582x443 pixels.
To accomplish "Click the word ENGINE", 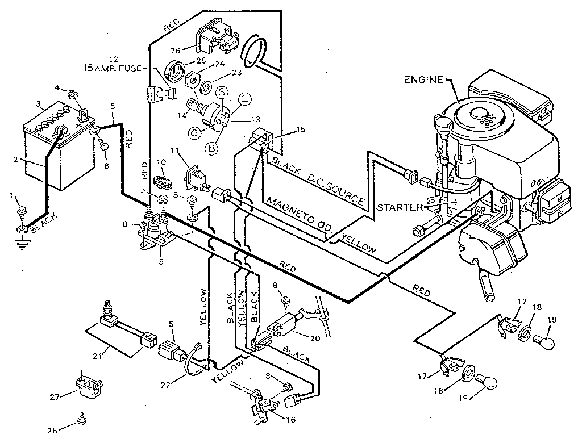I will click(424, 80).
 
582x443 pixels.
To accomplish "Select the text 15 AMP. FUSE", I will click(114, 69).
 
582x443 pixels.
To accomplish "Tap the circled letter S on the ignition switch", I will click(222, 93).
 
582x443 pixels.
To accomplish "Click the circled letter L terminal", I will click(244, 101).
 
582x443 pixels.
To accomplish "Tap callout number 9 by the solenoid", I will click(161, 263).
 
